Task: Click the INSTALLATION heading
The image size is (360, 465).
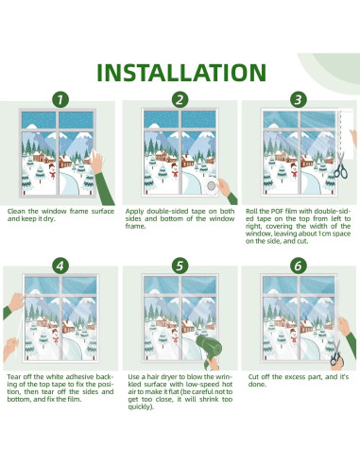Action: tap(181, 73)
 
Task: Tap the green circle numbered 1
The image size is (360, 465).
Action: tap(60, 99)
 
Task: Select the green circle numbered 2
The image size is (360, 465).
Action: tap(180, 99)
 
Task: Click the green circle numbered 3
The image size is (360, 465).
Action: tap(299, 99)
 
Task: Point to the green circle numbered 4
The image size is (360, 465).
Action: tap(60, 266)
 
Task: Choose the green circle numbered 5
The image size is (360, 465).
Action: tap(180, 266)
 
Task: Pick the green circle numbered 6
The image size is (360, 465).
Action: tap(299, 266)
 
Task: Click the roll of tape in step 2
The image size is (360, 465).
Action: tap(211, 185)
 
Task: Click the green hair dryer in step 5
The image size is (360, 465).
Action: tap(210, 350)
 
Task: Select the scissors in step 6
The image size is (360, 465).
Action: tap(336, 353)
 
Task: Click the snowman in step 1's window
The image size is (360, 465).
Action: tap(52, 171)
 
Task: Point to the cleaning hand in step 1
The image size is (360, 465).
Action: tap(96, 161)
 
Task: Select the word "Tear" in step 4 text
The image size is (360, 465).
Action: tap(14, 377)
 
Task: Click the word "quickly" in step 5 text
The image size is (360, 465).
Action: tap(140, 407)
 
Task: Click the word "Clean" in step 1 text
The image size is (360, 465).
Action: tap(16, 211)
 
